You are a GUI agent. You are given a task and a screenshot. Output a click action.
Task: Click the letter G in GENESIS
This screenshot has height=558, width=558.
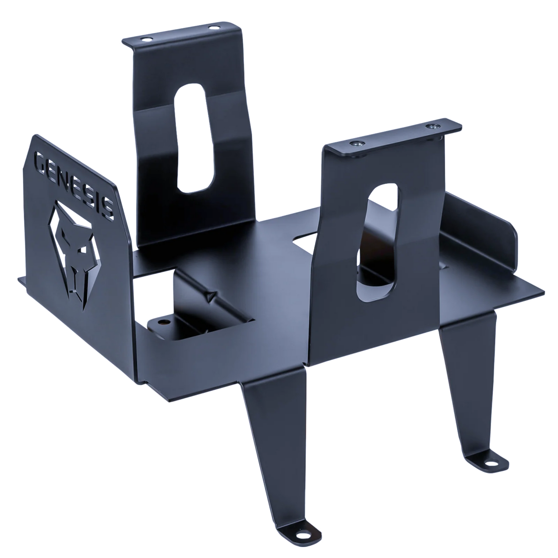(39, 160)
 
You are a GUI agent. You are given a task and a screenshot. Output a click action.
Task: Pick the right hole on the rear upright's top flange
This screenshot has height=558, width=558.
(214, 28)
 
